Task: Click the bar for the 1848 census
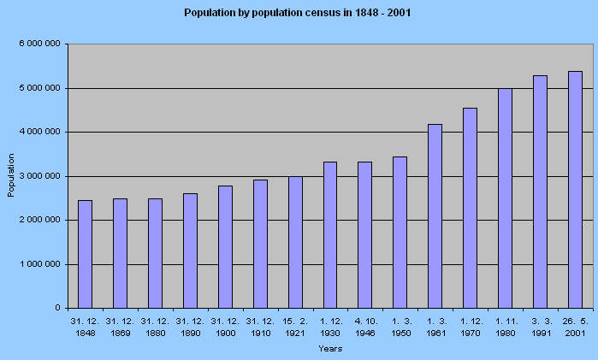coord(85,254)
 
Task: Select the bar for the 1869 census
coord(120,253)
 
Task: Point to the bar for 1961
coord(435,215)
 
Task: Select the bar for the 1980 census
coord(505,198)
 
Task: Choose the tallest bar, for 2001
coord(575,189)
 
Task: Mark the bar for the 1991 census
coord(540,192)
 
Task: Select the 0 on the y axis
coord(56,308)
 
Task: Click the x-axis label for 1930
coord(330,326)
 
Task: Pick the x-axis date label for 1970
coord(470,326)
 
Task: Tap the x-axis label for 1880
coord(155,326)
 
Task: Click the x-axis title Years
coord(330,348)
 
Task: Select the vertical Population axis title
coord(11,175)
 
